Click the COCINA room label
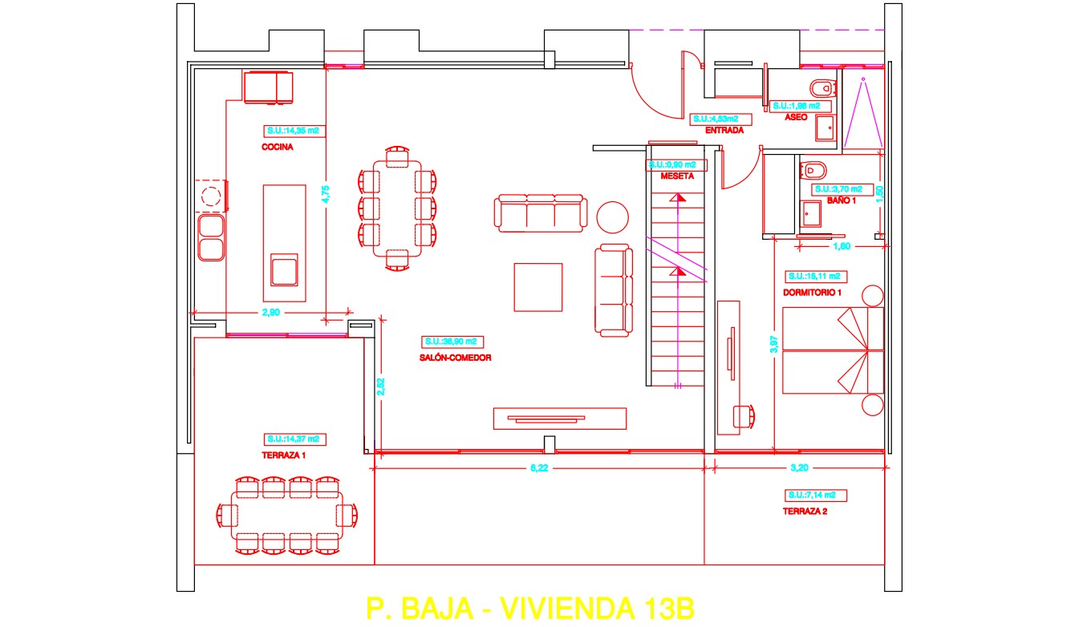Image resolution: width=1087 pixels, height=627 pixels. coord(277,148)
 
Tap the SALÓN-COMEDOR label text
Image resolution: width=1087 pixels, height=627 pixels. coord(455,358)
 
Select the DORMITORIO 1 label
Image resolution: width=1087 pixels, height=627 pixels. coord(812,293)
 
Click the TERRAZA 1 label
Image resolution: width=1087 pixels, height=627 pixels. coord(283,455)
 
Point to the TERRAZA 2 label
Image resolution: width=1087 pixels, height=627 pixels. coord(805,511)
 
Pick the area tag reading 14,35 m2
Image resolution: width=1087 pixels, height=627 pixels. coord(294,131)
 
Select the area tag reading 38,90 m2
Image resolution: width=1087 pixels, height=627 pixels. coord(454,340)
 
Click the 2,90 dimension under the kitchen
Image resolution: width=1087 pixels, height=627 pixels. coord(270,313)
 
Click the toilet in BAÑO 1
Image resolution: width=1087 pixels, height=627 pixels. coord(813,169)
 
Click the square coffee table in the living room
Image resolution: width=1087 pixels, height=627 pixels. coord(538,287)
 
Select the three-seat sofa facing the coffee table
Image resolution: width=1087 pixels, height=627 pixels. coord(539,213)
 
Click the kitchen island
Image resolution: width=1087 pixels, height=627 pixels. coord(284,243)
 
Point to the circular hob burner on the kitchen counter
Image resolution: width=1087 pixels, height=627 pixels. coord(211,196)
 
